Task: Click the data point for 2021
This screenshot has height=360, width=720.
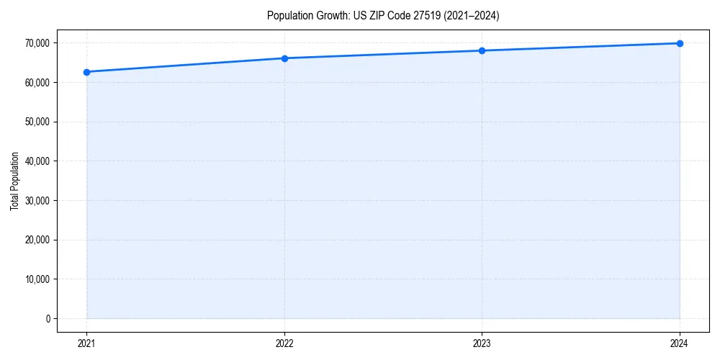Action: click(x=87, y=72)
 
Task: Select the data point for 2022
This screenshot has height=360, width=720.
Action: click(x=284, y=58)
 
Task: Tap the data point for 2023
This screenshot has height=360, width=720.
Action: click(x=482, y=50)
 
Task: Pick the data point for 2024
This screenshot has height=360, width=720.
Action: click(x=680, y=43)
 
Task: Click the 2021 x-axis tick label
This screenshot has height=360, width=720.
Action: click(x=87, y=343)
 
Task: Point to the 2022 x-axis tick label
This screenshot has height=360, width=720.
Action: click(x=284, y=343)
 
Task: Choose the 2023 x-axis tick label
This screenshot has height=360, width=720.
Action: click(x=482, y=343)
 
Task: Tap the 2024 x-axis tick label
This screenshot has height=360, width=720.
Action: click(x=680, y=343)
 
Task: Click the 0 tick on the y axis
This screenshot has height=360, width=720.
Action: click(x=48, y=318)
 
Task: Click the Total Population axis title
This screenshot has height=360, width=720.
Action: click(x=14, y=181)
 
